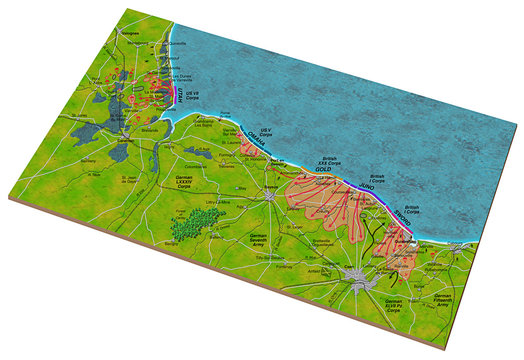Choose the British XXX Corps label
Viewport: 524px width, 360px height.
coord(329,161)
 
